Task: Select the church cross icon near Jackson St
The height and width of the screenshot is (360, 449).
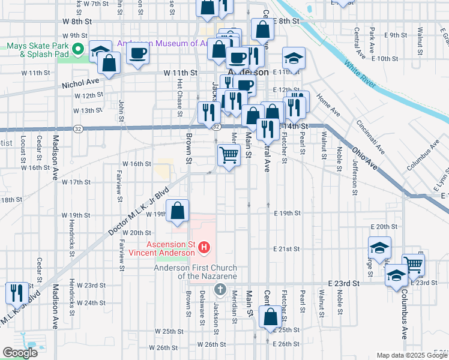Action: coord(220,289)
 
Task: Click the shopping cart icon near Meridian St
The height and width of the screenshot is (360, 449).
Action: coord(229,155)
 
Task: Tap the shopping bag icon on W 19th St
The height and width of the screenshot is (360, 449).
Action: coord(178,211)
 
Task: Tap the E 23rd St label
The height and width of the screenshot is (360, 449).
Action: coord(343,283)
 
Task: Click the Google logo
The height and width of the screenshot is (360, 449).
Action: coord(20,353)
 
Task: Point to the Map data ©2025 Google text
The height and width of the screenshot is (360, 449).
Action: coord(412,355)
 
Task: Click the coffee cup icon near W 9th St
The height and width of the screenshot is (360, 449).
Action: coord(137,54)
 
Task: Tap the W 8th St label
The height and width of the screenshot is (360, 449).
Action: coord(76,20)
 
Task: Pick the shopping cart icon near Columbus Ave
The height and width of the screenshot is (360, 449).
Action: coord(413,264)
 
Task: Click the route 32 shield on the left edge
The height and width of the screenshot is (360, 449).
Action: coord(78,128)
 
